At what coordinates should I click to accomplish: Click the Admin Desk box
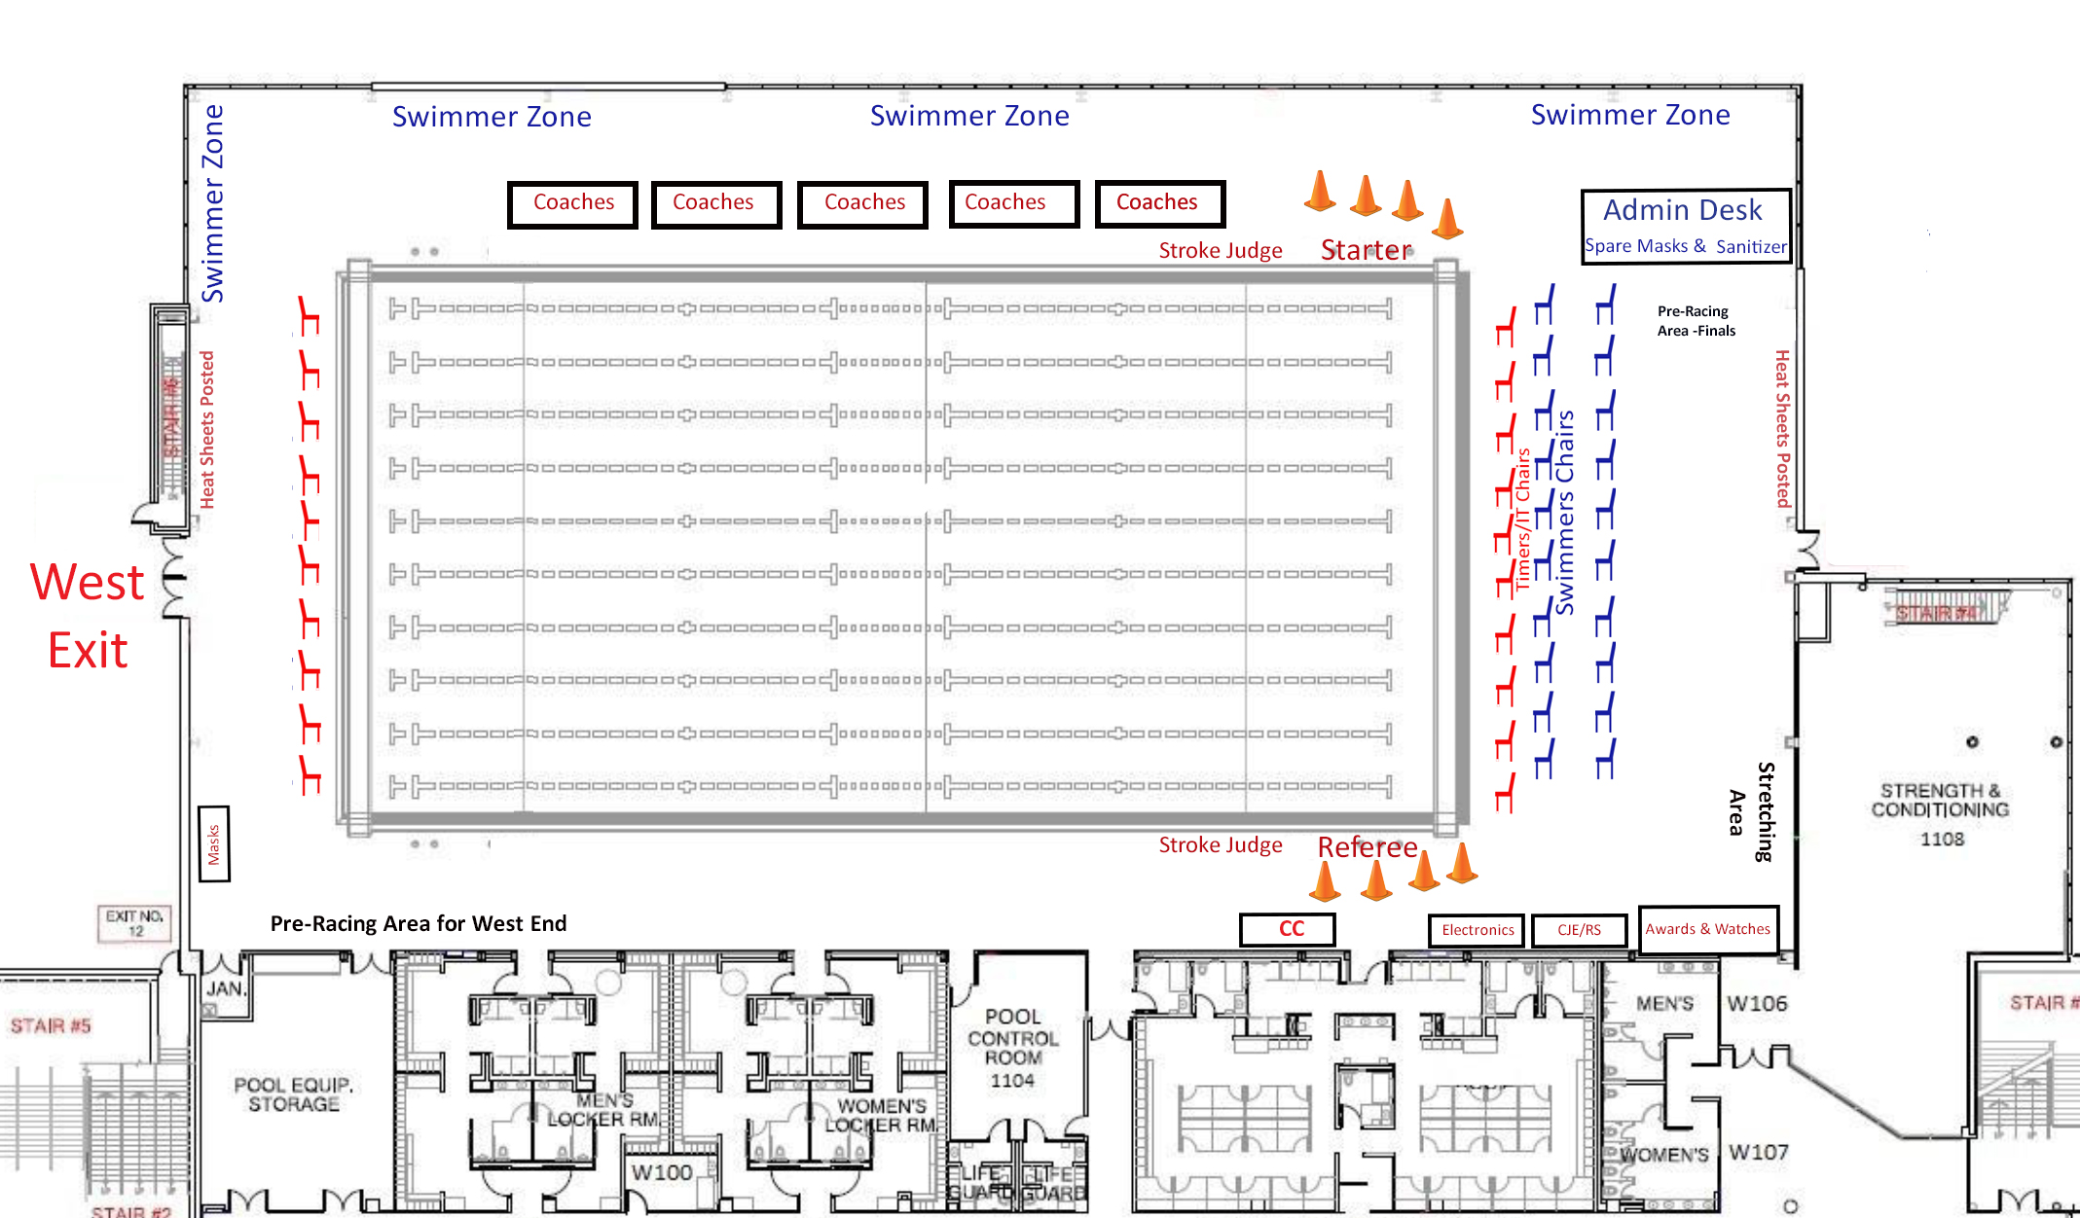click(x=1686, y=226)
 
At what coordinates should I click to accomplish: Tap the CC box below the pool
click(x=1288, y=929)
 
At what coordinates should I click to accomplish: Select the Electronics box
click(x=1478, y=930)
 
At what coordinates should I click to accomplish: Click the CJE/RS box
click(x=1579, y=930)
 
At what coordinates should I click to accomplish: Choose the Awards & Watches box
click(x=1708, y=929)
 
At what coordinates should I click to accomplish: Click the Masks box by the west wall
click(x=214, y=844)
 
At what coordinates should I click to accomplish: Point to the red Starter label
click(x=1366, y=251)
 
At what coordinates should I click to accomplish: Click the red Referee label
click(x=1368, y=847)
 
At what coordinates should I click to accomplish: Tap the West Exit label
click(x=88, y=616)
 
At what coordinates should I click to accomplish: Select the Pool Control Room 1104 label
click(x=1013, y=1048)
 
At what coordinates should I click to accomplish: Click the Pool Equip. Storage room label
click(x=293, y=1094)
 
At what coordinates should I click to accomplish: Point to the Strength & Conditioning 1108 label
click(x=1940, y=814)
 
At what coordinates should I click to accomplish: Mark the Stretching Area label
click(x=1751, y=811)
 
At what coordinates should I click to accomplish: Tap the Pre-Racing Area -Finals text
click(x=1696, y=321)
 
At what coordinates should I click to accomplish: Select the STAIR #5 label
click(x=51, y=1025)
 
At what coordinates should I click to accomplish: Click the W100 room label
click(x=662, y=1172)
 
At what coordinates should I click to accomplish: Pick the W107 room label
click(x=1758, y=1153)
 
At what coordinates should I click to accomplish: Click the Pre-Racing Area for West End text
click(x=419, y=923)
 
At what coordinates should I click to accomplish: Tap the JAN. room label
click(x=225, y=988)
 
